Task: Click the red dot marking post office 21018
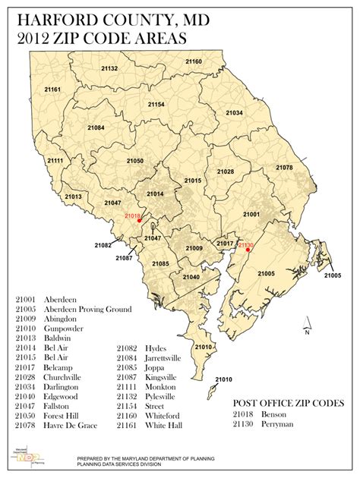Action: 139,220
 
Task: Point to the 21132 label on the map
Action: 109,68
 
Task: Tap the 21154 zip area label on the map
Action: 156,104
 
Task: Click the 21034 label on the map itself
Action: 233,113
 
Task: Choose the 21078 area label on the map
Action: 284,167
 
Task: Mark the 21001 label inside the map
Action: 251,215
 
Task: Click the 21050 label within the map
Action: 134,161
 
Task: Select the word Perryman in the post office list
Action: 278,426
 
